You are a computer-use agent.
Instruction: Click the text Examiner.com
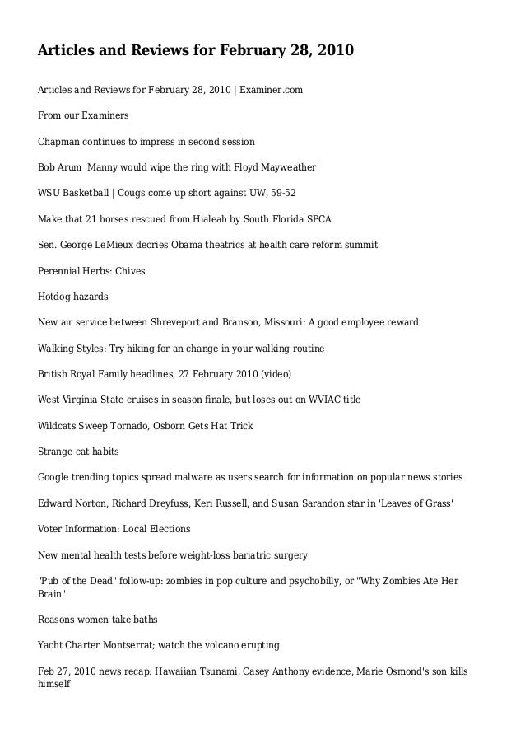coord(272,89)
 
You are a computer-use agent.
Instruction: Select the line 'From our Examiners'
coord(83,115)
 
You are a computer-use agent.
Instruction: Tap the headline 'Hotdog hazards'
coord(73,297)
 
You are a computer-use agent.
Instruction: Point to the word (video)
coord(276,374)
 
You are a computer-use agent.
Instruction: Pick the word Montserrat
coord(133,644)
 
